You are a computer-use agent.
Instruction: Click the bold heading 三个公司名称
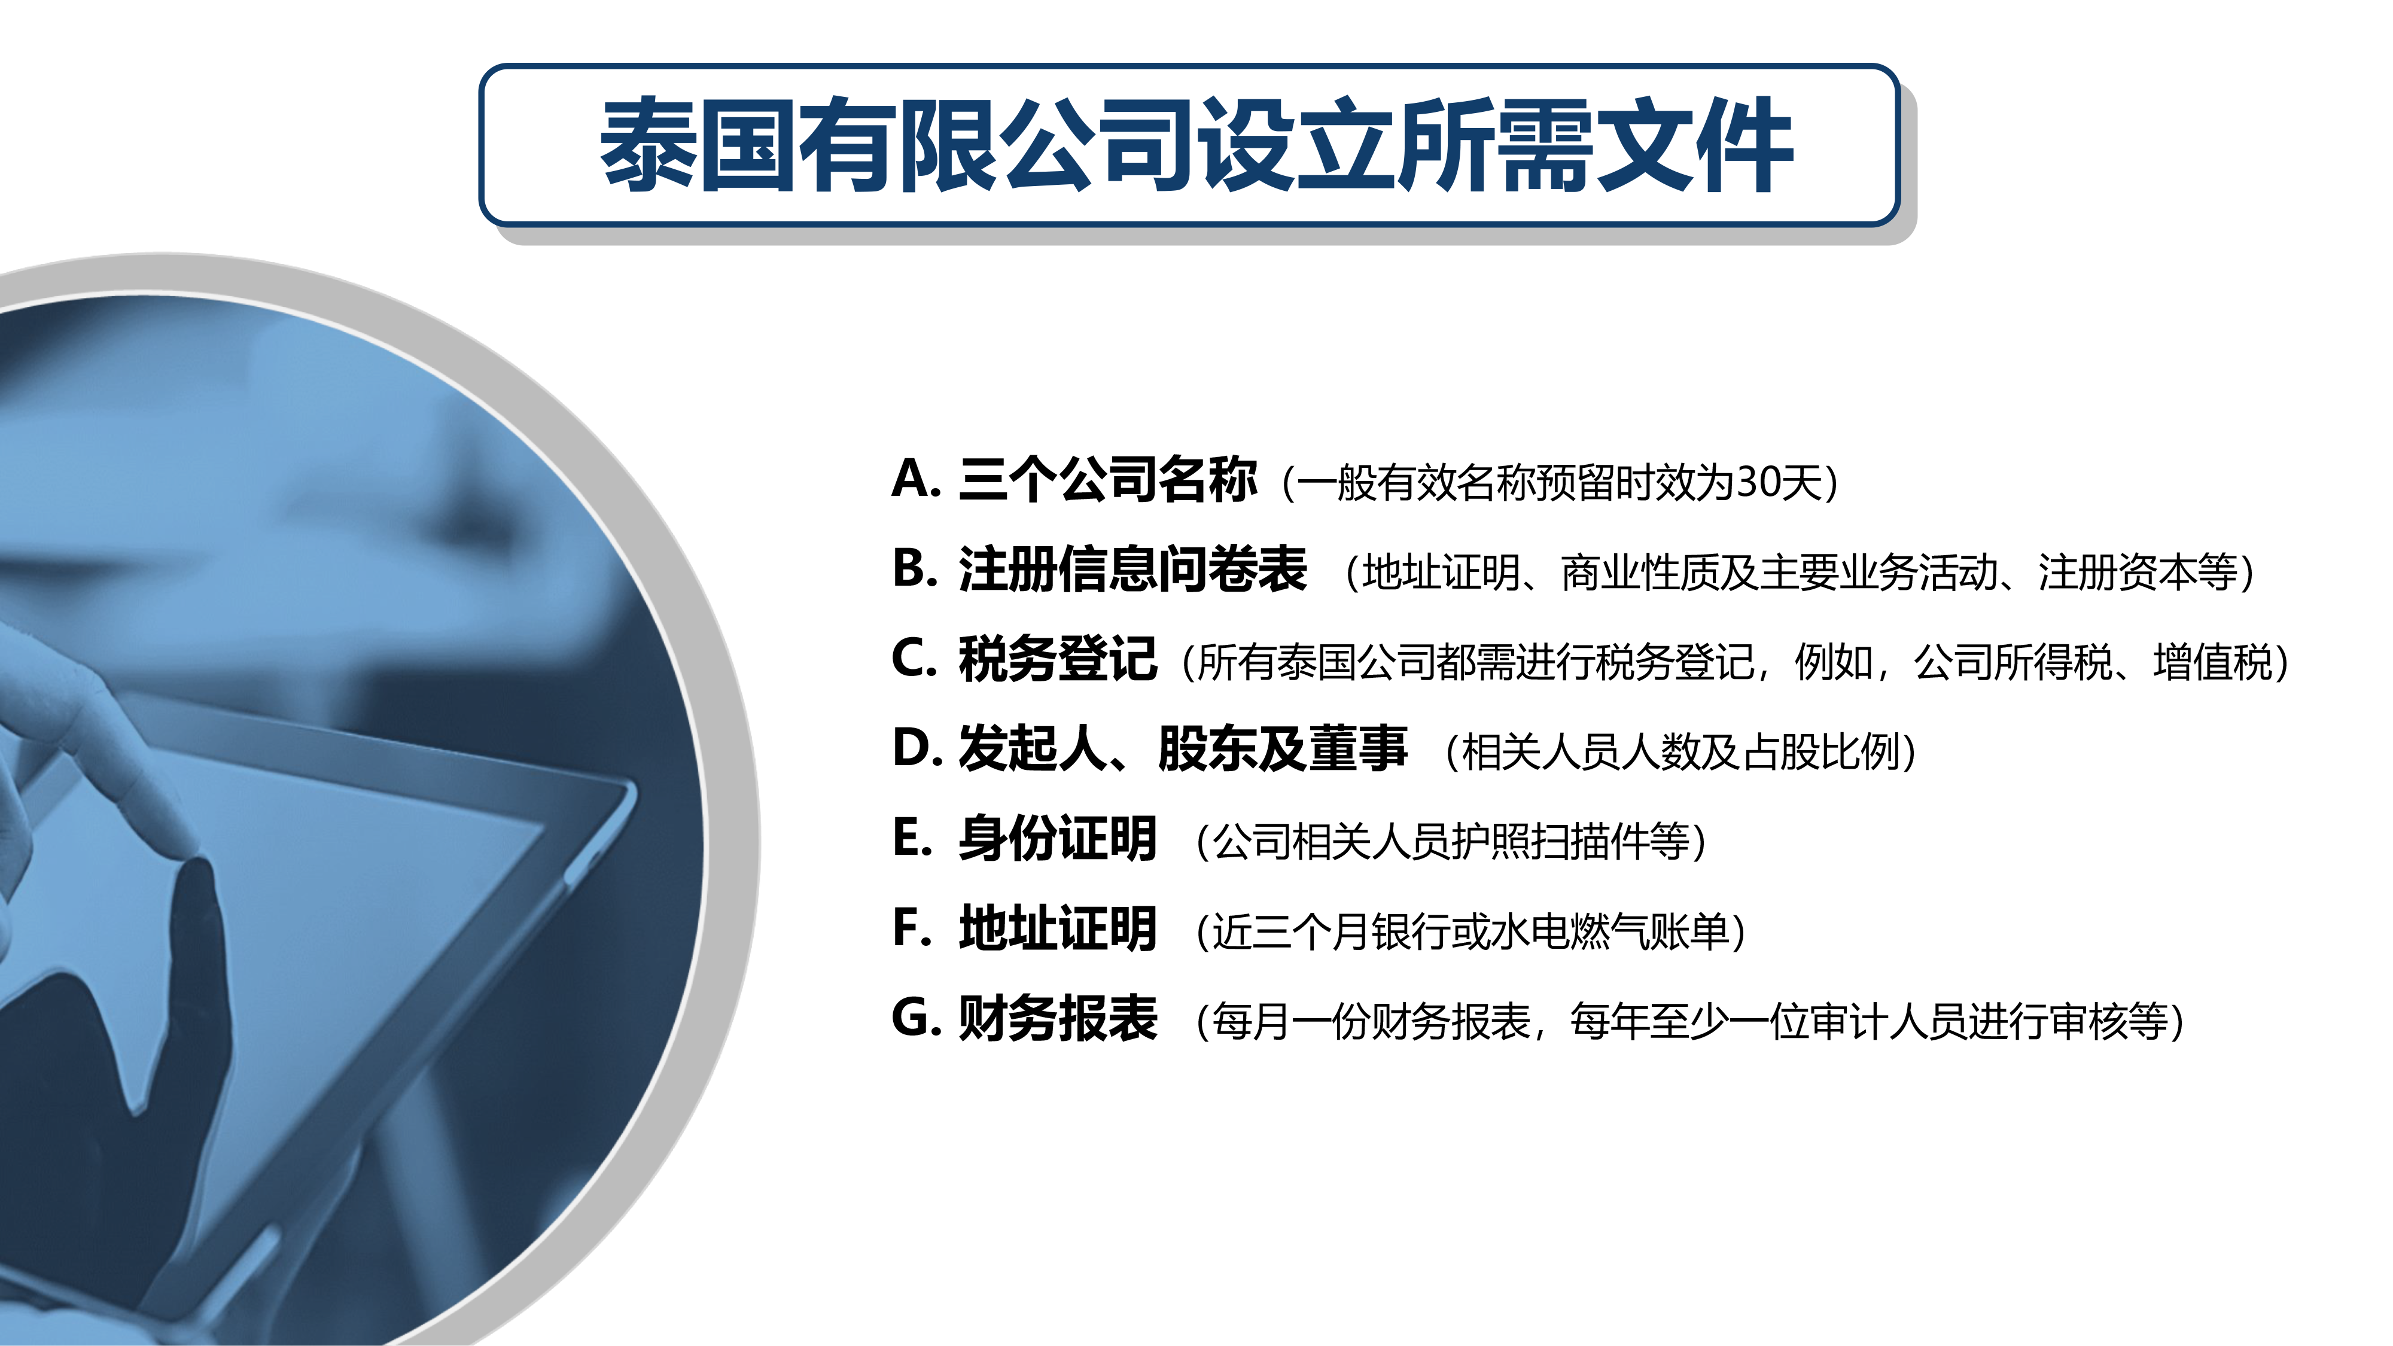point(1108,480)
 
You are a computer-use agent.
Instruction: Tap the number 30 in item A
point(1758,483)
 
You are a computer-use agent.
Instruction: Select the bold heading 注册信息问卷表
point(1132,570)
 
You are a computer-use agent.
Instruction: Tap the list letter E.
point(911,838)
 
